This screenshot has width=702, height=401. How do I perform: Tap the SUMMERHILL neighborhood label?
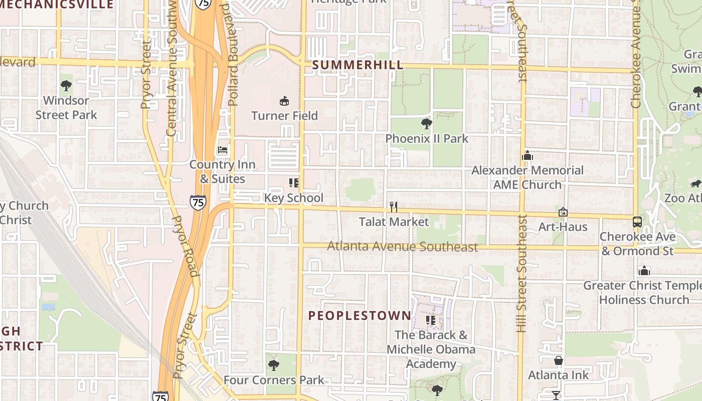[x=358, y=65]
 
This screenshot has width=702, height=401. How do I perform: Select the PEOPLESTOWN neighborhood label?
[x=360, y=315]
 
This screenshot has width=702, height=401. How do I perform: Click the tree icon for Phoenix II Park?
[x=427, y=123]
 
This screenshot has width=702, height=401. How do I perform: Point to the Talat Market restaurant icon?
[x=394, y=207]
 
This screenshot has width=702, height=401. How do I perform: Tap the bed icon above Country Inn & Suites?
[x=223, y=149]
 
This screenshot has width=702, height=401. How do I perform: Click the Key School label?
[x=294, y=198]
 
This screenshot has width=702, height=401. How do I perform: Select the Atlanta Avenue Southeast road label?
[x=403, y=247]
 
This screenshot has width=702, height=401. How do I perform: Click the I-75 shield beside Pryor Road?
[x=198, y=203]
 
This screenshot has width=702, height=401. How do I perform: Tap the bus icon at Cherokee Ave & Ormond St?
[x=637, y=222]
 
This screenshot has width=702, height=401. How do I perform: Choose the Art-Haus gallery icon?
[x=563, y=213]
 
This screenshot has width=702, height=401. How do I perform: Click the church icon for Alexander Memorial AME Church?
[x=527, y=156]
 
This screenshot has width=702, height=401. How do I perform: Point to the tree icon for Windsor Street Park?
[x=66, y=86]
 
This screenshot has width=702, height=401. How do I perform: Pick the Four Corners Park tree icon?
[x=273, y=365]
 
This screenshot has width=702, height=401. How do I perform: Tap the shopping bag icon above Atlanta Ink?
[x=558, y=360]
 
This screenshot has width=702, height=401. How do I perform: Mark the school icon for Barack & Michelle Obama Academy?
[x=430, y=320]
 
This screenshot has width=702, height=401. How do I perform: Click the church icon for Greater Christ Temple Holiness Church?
[x=644, y=271]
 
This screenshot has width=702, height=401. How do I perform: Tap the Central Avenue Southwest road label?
[x=171, y=68]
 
